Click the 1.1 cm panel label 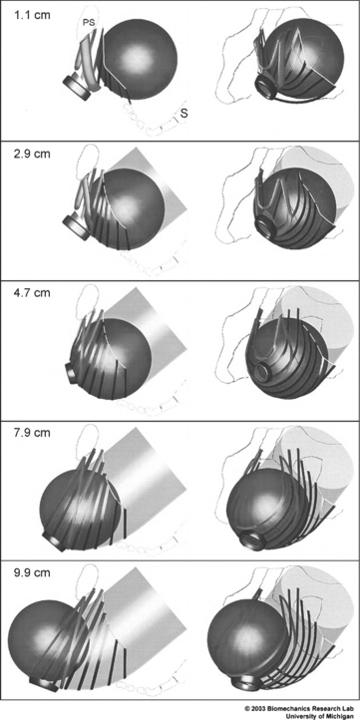(32, 15)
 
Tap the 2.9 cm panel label (32, 153)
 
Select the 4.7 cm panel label (32, 292)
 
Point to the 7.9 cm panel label (32, 432)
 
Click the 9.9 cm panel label (32, 572)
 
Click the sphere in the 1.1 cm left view (137, 59)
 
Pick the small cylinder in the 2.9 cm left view (76, 227)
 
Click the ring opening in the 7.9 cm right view (252, 539)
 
